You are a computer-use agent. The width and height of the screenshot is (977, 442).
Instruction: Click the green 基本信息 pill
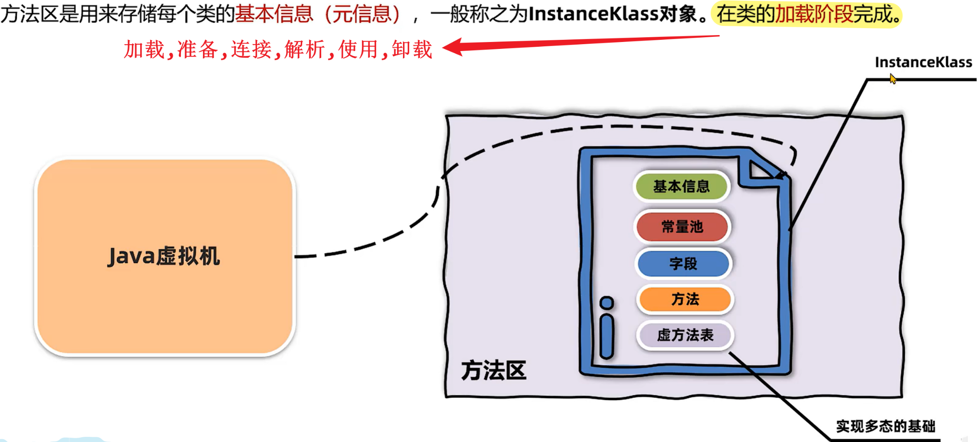[x=681, y=187]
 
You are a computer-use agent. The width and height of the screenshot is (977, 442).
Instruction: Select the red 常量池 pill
[x=682, y=226]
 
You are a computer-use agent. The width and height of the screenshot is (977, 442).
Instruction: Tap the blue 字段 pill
[x=683, y=264]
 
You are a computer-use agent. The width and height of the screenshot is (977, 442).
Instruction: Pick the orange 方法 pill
[x=685, y=299]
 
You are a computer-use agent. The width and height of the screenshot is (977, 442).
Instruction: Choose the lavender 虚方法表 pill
[x=685, y=335]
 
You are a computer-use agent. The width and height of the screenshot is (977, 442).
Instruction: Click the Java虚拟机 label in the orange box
[x=164, y=256]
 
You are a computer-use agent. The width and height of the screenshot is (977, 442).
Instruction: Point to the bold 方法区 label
[x=493, y=371]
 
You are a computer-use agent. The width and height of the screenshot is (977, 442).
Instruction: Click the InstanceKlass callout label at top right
[x=923, y=62]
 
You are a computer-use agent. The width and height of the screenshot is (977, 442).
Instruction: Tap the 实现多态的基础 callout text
[x=886, y=426]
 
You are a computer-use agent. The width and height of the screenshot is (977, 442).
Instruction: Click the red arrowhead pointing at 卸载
[x=452, y=47]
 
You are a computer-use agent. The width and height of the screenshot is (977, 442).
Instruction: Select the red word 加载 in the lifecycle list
[x=144, y=49]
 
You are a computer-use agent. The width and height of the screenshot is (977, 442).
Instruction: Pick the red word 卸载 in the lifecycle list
[x=412, y=49]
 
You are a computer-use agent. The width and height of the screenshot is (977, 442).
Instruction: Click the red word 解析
[x=305, y=49]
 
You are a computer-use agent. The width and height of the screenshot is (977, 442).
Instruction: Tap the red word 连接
[x=251, y=49]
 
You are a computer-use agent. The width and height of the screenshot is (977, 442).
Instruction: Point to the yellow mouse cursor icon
[x=893, y=79]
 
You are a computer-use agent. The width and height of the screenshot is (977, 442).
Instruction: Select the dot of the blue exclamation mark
[x=607, y=303]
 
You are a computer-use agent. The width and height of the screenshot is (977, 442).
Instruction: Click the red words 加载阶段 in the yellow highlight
[x=813, y=15]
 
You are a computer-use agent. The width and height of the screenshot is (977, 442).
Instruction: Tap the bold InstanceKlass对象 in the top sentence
[x=613, y=14]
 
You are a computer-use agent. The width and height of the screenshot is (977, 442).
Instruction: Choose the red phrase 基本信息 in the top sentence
[x=274, y=14]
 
